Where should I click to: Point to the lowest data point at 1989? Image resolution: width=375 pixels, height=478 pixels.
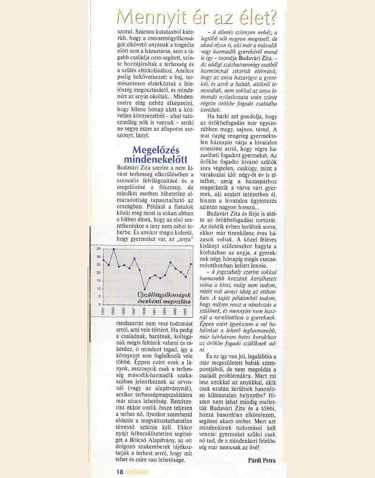tap(145, 289)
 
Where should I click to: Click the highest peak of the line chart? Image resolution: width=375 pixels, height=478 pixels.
tap(114, 249)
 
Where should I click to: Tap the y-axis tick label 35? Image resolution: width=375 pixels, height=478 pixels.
tap(98, 248)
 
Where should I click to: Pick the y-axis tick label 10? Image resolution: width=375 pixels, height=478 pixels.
tap(98, 289)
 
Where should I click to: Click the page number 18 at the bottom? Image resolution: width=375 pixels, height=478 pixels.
tap(120, 471)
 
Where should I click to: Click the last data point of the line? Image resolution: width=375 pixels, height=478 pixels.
tap(191, 264)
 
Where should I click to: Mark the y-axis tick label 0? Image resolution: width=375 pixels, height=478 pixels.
tap(99, 305)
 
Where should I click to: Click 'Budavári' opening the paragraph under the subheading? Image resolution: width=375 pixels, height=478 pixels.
tap(129, 167)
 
